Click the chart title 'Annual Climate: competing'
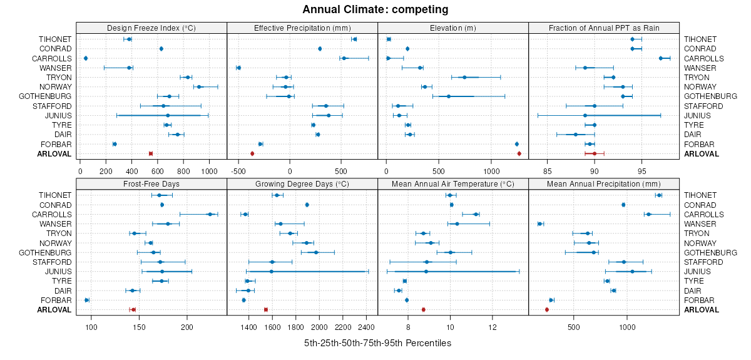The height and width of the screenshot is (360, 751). coord(375,9)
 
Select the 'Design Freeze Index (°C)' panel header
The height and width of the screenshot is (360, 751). coord(151,28)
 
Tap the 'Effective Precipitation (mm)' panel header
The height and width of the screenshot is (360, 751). coord(302,28)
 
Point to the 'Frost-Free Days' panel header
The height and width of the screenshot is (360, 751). coord(151,184)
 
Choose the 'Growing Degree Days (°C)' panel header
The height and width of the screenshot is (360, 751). coord(302,184)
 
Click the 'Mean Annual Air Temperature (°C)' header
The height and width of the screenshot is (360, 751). coord(453,184)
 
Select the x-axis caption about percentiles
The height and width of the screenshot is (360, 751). coord(377,343)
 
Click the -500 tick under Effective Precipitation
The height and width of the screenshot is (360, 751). coord(238,170)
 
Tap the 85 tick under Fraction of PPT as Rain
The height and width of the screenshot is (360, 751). coord(548,170)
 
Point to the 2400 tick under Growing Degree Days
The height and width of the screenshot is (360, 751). coord(366,326)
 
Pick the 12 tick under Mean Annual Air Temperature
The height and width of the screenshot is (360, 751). coord(493,326)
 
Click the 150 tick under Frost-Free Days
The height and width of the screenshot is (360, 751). coord(139,326)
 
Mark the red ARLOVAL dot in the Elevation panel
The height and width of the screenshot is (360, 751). coord(519,153)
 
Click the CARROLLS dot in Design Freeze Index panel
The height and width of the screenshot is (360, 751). coord(86,58)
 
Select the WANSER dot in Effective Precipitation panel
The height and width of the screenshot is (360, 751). coord(238,68)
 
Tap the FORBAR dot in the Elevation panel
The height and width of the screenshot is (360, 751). coord(517,144)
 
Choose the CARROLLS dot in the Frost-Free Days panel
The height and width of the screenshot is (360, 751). coord(210,214)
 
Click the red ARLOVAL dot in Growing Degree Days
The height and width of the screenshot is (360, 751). coord(266,309)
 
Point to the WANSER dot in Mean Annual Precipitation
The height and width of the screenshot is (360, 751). coord(540,224)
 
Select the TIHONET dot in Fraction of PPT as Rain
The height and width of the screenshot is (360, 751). coord(632,39)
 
